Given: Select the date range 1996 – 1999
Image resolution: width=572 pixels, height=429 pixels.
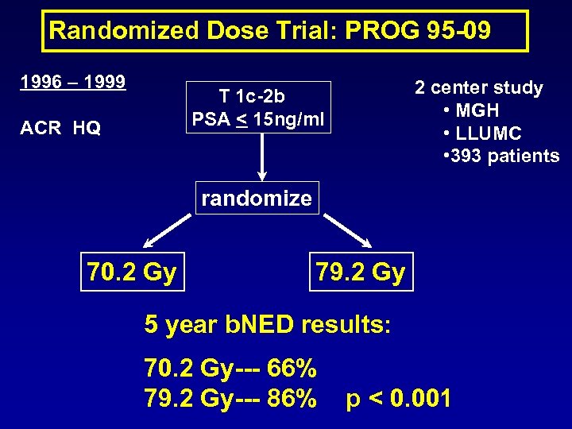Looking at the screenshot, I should tap(74, 82).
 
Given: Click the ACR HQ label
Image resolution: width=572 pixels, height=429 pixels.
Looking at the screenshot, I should tap(61, 128).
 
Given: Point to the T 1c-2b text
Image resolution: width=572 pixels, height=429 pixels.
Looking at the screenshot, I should tap(252, 96).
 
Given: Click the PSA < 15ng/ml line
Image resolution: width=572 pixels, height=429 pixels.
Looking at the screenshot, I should tap(257, 121).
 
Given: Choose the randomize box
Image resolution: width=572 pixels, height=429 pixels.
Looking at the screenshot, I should tap(257, 198).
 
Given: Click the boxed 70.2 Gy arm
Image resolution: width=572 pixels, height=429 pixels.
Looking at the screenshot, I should tap(131, 272).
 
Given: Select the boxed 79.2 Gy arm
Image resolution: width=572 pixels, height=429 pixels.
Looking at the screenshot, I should tap(361, 272).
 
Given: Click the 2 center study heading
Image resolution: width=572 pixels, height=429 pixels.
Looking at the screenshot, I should tap(478, 88).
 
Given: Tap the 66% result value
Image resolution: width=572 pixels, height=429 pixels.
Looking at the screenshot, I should tap(293, 369).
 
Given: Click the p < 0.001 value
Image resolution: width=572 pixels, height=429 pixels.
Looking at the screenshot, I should tap(398, 397).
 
